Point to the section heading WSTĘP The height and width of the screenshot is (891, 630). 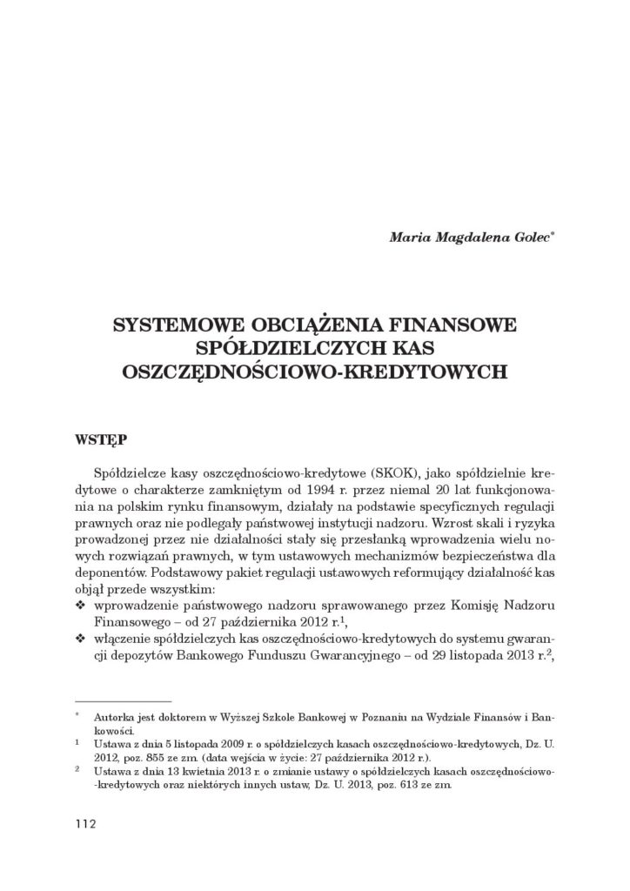pos(100,440)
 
